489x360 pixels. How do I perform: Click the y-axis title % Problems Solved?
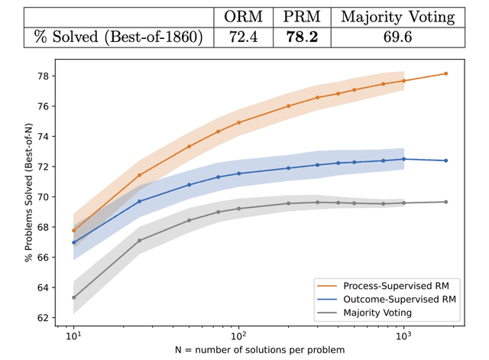(x=28, y=197)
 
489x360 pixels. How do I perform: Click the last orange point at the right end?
(x=445, y=73)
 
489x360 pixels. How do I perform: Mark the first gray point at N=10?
(x=73, y=297)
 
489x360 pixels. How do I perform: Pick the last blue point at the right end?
(x=445, y=161)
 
